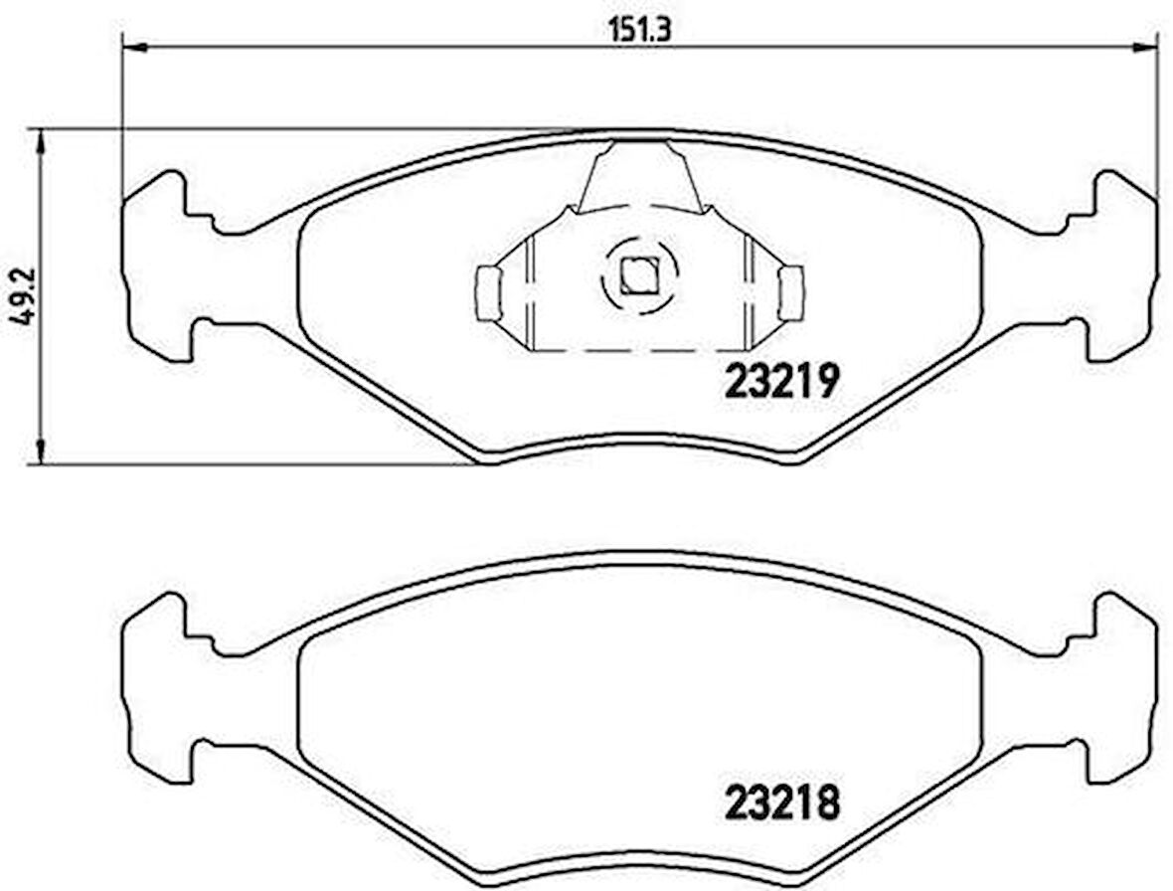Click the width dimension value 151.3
[640, 29]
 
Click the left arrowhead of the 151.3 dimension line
[132, 47]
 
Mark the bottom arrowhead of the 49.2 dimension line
[40, 451]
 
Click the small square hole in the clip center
[636, 274]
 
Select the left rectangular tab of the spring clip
[487, 293]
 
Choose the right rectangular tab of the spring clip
[791, 293]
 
